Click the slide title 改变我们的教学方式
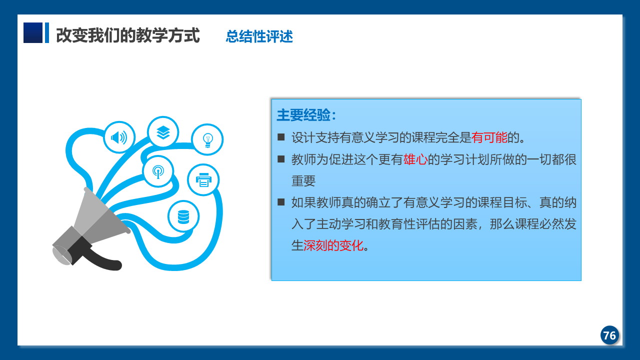(127, 35)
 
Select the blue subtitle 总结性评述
(259, 36)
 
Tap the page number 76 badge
(609, 335)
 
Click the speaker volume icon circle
(119, 137)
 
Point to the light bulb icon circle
(207, 139)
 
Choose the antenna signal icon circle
(158, 171)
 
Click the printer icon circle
(203, 179)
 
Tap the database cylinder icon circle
(183, 216)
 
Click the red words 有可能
(489, 137)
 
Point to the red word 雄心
(415, 159)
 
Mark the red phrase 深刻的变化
(333, 245)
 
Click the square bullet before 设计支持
(281, 137)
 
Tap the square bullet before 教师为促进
(281, 159)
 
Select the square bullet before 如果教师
(281, 202)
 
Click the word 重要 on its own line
(303, 181)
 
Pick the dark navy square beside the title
(33, 33)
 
